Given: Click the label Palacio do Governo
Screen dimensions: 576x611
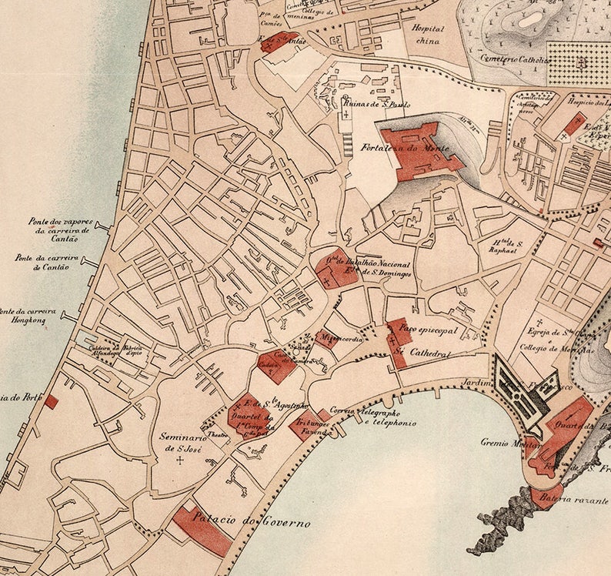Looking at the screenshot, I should tap(252, 523).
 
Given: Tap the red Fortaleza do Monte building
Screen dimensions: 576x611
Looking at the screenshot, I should tap(419, 150).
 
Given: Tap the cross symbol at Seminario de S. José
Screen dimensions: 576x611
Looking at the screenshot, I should tap(181, 460).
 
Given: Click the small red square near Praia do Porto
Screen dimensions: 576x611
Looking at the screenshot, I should tap(51, 401).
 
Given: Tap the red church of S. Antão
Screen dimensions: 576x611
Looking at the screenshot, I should tap(273, 42).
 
